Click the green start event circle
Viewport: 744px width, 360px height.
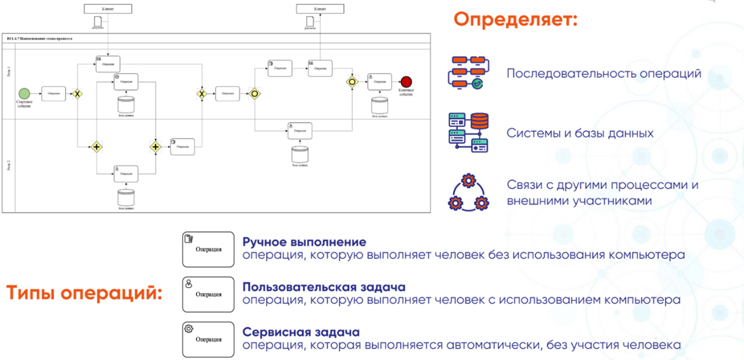click(x=24, y=94)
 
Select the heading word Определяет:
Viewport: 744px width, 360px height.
click(x=515, y=20)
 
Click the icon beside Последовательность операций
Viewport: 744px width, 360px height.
click(x=468, y=73)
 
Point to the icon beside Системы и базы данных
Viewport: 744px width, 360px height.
click(x=468, y=132)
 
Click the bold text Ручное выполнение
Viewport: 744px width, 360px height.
click(x=304, y=242)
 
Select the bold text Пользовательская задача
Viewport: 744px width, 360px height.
click(x=324, y=287)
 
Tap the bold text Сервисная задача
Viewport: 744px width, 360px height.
click(x=301, y=332)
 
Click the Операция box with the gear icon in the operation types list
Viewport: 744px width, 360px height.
click(x=208, y=339)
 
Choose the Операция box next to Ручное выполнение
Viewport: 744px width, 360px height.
click(x=208, y=249)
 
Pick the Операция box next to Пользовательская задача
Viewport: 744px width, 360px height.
click(x=208, y=294)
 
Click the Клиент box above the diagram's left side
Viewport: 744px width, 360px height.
click(x=108, y=9)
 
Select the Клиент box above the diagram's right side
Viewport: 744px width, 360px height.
click(x=320, y=9)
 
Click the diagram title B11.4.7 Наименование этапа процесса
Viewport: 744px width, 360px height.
click(x=40, y=38)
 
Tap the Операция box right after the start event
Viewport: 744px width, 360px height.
click(x=53, y=94)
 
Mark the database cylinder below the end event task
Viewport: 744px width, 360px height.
click(x=379, y=106)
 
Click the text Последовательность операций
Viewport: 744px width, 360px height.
click(x=604, y=74)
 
